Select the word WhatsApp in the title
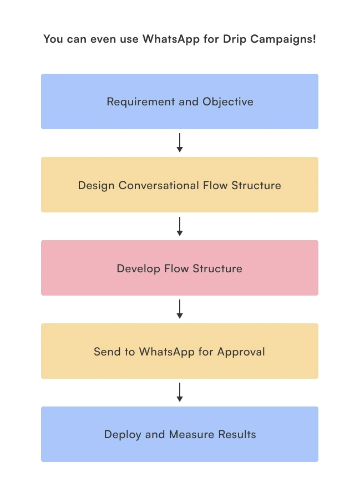pyautogui.click(x=169, y=39)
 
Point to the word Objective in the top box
pyautogui.click(x=228, y=102)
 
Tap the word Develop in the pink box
pyautogui.click(x=139, y=268)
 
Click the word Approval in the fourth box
pyautogui.click(x=241, y=352)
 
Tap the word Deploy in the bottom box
pyautogui.click(x=123, y=435)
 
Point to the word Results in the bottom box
pyautogui.click(x=237, y=435)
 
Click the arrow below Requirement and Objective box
pyautogui.click(x=180, y=143)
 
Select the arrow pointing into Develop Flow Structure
pyautogui.click(x=180, y=226)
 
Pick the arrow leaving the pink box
pyautogui.click(x=180, y=309)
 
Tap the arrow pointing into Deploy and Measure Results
pyautogui.click(x=180, y=392)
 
